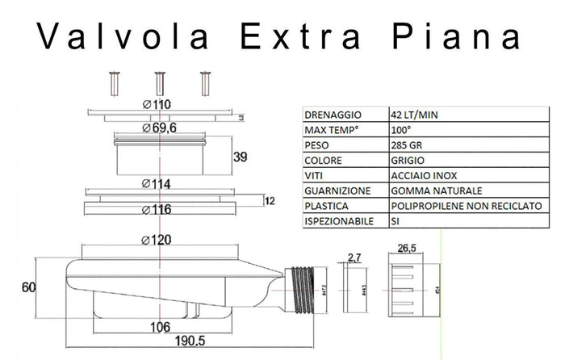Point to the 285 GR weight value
point(405,145)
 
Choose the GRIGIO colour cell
point(408,161)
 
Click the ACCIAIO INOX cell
point(420,175)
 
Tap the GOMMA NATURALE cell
point(435,190)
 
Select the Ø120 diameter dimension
point(158,240)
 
